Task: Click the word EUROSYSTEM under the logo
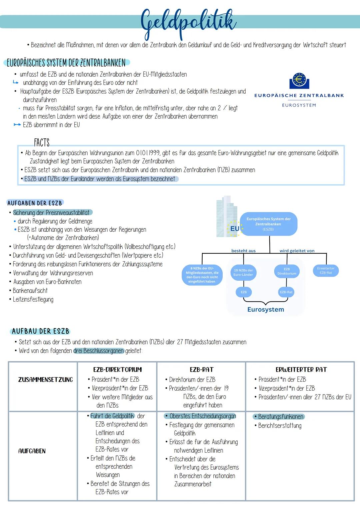pyautogui.click(x=299, y=105)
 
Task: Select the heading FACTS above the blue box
pyautogui.click(x=42, y=143)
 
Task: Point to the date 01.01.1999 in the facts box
pyautogui.click(x=148, y=153)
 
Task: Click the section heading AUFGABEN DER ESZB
pyautogui.click(x=35, y=203)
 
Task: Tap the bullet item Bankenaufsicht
pyautogui.click(x=30, y=291)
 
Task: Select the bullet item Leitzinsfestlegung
pyautogui.click(x=33, y=299)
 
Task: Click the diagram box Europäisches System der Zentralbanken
pyautogui.click(x=268, y=224)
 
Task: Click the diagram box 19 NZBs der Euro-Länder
pyautogui.click(x=243, y=272)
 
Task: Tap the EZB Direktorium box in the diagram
pyautogui.click(x=287, y=271)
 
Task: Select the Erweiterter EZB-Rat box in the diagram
pyautogui.click(x=326, y=271)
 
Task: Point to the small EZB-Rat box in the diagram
pyautogui.click(x=286, y=292)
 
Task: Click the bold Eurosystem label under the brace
pyautogui.click(x=266, y=309)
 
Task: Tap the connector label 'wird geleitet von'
pyautogui.click(x=297, y=251)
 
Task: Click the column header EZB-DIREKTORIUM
pyautogui.click(x=117, y=370)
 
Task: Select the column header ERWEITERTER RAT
pyautogui.click(x=301, y=370)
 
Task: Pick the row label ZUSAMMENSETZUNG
pyautogui.click(x=45, y=380)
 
